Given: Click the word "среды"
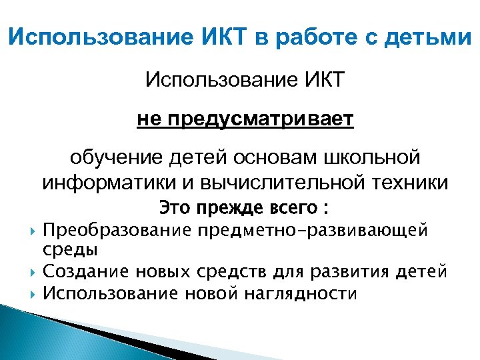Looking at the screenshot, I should coord(70,250).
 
